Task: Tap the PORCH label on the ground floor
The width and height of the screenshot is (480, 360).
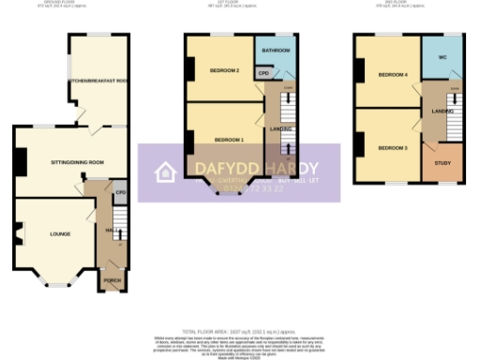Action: tap(112, 279)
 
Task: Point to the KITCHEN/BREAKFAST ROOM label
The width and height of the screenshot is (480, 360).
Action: tap(98, 82)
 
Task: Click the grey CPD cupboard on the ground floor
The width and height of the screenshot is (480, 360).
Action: tap(120, 194)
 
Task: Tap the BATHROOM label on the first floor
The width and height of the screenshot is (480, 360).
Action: tap(276, 50)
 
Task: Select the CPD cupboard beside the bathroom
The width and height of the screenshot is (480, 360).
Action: tap(264, 72)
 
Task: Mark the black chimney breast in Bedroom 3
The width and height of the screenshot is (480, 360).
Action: tap(359, 145)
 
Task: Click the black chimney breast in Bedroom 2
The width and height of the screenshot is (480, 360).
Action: tap(190, 68)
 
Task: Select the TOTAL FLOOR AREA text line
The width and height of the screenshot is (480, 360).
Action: tap(239, 333)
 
